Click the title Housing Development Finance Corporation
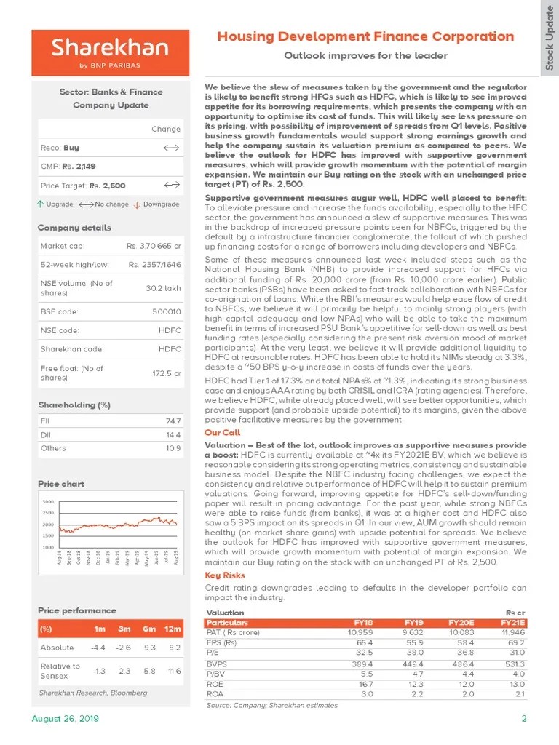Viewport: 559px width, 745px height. click(366, 36)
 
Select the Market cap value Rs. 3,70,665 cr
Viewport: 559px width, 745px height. click(154, 247)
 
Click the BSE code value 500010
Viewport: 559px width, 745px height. click(168, 311)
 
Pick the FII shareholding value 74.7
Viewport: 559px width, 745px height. click(173, 421)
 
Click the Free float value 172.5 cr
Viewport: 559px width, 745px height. click(167, 372)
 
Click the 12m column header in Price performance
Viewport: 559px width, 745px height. click(173, 628)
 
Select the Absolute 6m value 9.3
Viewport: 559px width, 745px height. click(148, 648)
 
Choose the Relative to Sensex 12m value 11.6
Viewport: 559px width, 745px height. click(173, 671)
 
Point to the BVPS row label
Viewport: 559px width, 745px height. click(216, 664)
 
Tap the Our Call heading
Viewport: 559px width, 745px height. click(222, 432)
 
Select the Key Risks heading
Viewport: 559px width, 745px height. click(225, 575)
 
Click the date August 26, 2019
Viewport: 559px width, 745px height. click(65, 719)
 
